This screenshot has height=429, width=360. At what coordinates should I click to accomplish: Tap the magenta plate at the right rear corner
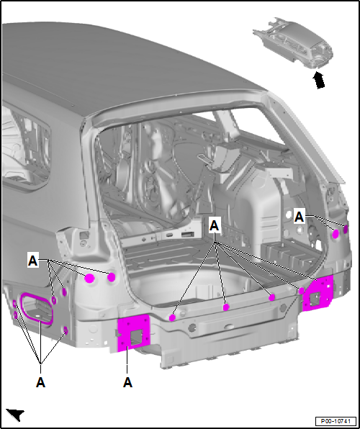pyautogui.click(x=317, y=292)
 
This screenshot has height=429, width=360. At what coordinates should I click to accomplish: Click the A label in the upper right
pyautogui.click(x=300, y=214)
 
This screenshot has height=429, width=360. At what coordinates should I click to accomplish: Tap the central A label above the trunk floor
pyautogui.click(x=214, y=225)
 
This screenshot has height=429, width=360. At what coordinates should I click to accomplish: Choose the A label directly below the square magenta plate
pyautogui.click(x=128, y=382)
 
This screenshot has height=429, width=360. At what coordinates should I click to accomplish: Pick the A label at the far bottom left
pyautogui.click(x=40, y=382)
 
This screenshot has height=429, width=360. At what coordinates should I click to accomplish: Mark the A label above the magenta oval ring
pyautogui.click(x=32, y=260)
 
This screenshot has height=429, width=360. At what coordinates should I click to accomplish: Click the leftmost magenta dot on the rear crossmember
pyautogui.click(x=173, y=316)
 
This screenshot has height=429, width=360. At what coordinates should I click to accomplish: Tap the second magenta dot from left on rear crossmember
pyautogui.click(x=226, y=307)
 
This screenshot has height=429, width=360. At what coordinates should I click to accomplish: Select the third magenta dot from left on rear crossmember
pyautogui.click(x=272, y=297)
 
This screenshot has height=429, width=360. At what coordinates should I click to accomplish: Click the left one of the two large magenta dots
pyautogui.click(x=91, y=279)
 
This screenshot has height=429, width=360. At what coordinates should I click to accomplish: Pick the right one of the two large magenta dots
pyautogui.click(x=112, y=277)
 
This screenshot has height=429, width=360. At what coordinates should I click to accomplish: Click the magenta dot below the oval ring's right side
pyautogui.click(x=65, y=330)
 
